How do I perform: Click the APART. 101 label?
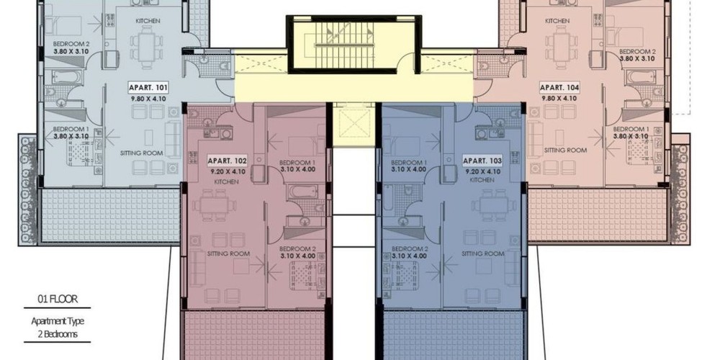(x=148, y=87)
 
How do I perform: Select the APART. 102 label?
(x=228, y=161)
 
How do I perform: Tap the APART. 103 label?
(x=482, y=161)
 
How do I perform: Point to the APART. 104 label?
(x=559, y=87)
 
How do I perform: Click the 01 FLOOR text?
(x=58, y=300)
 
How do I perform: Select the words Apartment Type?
(x=58, y=321)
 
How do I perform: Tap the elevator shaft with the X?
(x=354, y=124)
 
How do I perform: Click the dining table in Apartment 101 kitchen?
(x=146, y=47)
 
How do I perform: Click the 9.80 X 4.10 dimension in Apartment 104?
(x=559, y=98)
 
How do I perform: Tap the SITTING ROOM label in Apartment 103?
(x=483, y=253)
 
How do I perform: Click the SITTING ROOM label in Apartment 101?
(x=141, y=153)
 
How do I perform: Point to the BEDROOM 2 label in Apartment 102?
(x=297, y=248)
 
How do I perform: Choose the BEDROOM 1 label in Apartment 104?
(x=631, y=129)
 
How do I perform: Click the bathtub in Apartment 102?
(x=302, y=192)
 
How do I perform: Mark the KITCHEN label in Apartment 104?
(x=557, y=21)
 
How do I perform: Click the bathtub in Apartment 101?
(x=67, y=77)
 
